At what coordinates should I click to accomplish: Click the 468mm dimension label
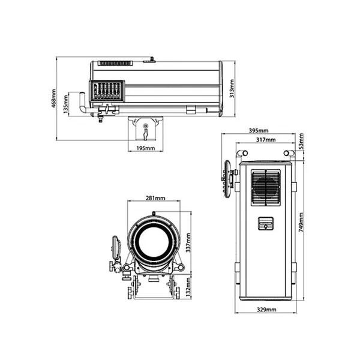[x=53, y=99]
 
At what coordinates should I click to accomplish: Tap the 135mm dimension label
[x=65, y=104]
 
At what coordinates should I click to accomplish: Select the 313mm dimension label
[x=232, y=89]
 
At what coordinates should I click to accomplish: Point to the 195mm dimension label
[x=146, y=148]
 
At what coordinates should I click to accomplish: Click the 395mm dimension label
[x=259, y=131]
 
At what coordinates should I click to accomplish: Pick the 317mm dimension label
[x=266, y=140]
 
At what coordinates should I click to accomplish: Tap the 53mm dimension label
[x=301, y=141]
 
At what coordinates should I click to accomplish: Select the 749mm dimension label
[x=301, y=222]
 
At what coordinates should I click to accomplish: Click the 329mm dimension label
[x=266, y=310]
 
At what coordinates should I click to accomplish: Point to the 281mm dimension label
[x=155, y=198]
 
